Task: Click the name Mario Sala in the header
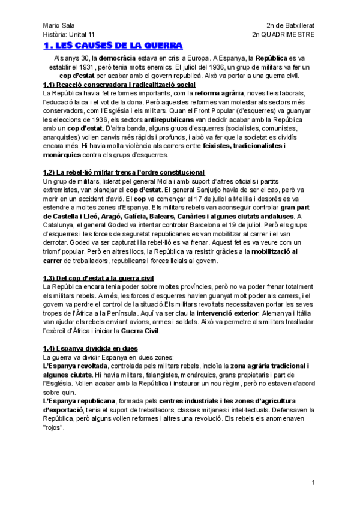click(57, 26)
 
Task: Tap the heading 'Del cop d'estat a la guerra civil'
click(98, 278)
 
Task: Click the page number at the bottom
click(313, 483)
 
